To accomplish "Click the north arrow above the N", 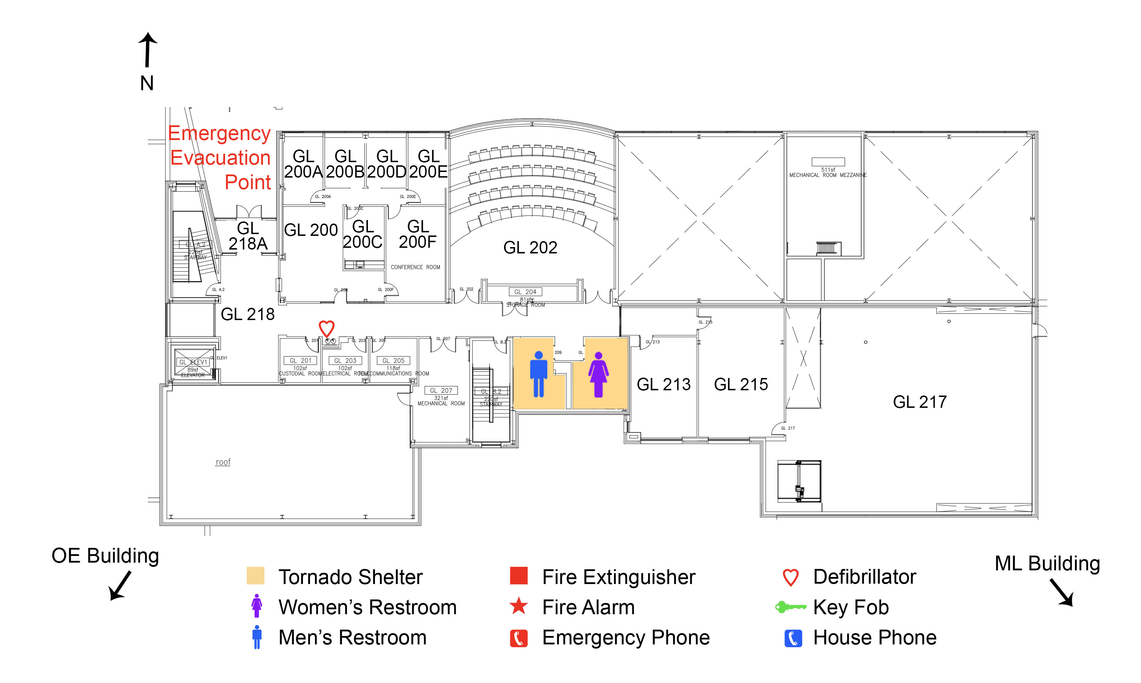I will tap(147, 50).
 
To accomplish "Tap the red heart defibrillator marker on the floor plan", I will tap(327, 329).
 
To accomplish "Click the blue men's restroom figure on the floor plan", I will tap(539, 374).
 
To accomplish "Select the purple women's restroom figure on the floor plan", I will tap(598, 374).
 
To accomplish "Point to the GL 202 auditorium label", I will tap(530, 247).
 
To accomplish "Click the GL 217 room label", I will tap(919, 402).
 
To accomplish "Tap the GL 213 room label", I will tap(663, 384).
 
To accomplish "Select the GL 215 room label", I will tap(740, 384).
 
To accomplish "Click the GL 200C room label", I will tap(363, 234).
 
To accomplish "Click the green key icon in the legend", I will tap(790, 607).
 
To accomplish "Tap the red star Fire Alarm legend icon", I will tap(519, 606).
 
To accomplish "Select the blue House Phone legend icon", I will tap(793, 638).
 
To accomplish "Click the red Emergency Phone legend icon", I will tap(519, 638).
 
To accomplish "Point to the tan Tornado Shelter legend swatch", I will tap(256, 576).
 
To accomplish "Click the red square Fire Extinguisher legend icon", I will tap(519, 576).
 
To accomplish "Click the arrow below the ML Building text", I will tap(1062, 593).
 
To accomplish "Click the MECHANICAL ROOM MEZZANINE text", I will tap(827, 175).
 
